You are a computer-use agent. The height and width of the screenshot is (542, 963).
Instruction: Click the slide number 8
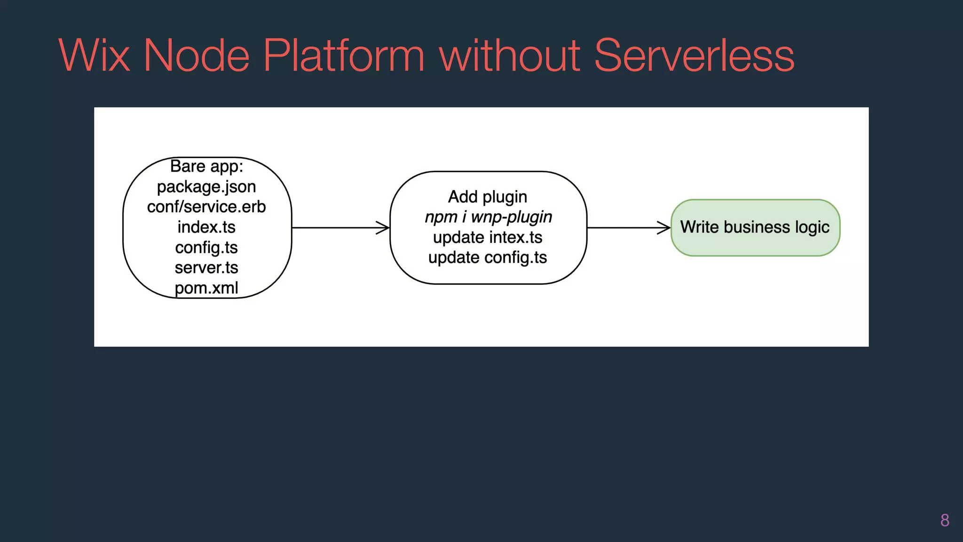pos(945,520)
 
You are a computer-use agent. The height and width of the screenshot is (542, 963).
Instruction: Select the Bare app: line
pos(206,167)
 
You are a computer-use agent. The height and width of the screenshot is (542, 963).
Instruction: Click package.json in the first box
pos(206,187)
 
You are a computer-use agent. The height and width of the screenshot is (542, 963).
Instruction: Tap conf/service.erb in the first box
pos(206,207)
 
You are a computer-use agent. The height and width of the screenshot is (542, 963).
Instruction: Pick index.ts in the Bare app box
pos(206,227)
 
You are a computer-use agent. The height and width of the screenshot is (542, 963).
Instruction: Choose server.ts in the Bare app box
pos(206,268)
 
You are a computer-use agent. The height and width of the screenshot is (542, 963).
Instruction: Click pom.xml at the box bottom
pos(206,288)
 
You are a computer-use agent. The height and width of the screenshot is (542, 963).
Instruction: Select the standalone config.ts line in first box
pos(206,247)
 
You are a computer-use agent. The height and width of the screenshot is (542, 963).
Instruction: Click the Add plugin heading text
pos(488,197)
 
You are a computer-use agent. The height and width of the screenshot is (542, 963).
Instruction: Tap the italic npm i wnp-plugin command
pos(488,217)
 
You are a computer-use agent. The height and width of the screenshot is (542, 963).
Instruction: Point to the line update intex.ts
pos(488,238)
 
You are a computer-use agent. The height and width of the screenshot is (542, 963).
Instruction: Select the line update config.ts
pos(488,258)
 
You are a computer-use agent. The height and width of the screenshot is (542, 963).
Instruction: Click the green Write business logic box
pos(755,228)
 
